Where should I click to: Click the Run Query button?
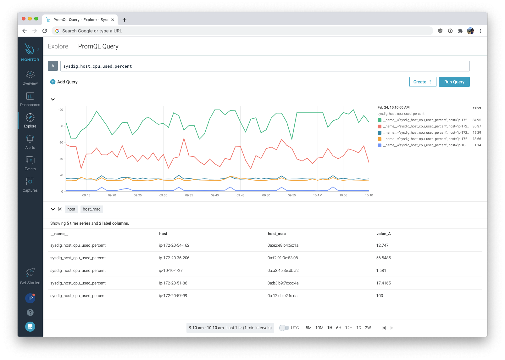[454, 82]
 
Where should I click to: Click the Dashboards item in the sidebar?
[30, 99]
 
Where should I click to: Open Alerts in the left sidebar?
[30, 142]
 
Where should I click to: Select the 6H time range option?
[338, 328]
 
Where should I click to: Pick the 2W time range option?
[368, 328]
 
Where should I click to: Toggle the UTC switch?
[284, 328]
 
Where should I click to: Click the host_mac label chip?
[92, 209]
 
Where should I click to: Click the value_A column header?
[383, 233]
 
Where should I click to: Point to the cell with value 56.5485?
[383, 258]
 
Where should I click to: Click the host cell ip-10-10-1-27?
[171, 270]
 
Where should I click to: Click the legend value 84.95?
[477, 120]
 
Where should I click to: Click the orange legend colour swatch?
[380, 139]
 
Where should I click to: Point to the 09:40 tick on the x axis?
[215, 195]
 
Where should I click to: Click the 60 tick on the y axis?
[61, 143]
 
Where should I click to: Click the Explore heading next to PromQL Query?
[58, 46]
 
